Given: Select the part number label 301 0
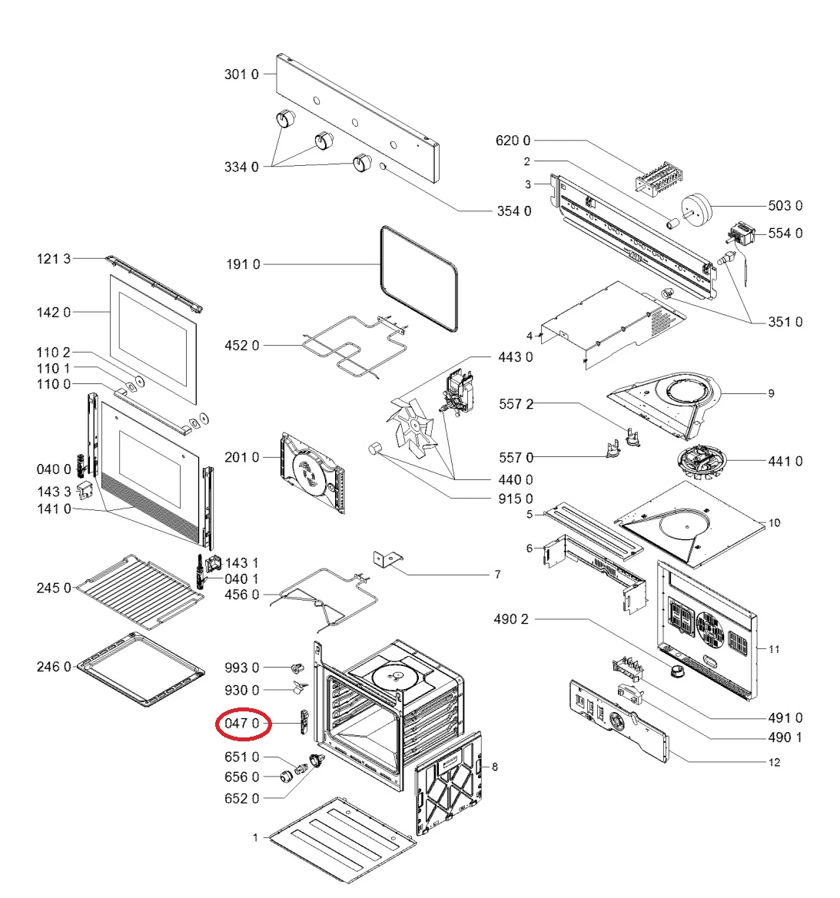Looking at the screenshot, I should coord(241,75).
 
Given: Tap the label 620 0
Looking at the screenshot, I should coord(513,141).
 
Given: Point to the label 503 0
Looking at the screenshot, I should coord(785,205).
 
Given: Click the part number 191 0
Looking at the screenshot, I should coord(243,264).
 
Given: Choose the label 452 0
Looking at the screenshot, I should coord(241,346).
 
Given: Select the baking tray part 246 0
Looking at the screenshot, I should coord(143,668).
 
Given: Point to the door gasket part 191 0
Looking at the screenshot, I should coord(419,278).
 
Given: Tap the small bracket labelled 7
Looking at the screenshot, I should coord(389,559).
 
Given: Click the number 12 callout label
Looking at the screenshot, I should coord(774,762).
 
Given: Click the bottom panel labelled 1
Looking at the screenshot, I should coord(343,840).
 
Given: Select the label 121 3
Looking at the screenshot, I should coord(53,259).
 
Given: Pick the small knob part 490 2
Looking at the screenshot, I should coord(676,672).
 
